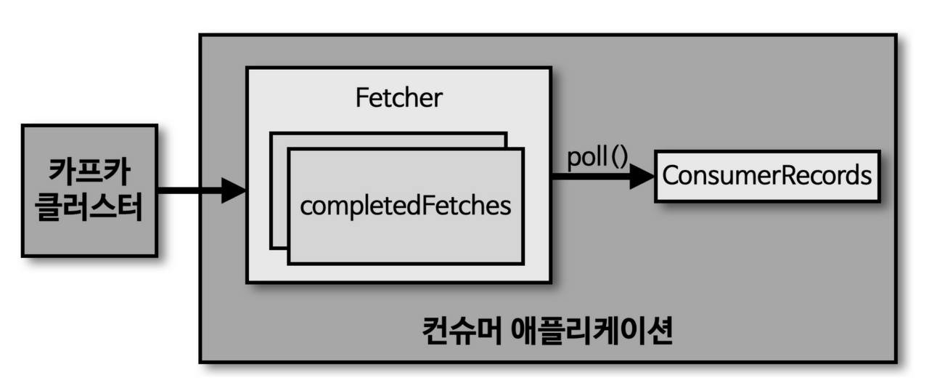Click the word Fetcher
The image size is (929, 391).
coord(398,97)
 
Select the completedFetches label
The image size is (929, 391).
coord(406,206)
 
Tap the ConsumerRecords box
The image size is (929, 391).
coord(767,176)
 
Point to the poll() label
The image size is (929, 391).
coord(597,157)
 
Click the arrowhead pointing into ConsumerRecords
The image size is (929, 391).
coord(642,176)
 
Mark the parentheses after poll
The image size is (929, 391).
coord(618,157)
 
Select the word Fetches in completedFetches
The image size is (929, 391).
coord(471,206)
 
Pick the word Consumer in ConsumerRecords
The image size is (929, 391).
coord(722,176)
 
